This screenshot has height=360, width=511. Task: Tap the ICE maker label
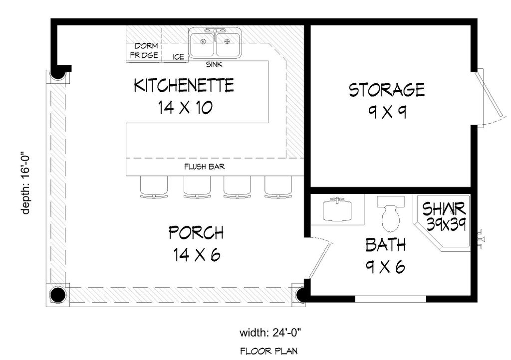(x=178, y=57)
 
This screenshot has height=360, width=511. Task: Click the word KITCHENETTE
(x=184, y=85)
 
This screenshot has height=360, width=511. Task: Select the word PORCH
(x=196, y=233)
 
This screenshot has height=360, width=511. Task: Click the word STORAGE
(x=387, y=90)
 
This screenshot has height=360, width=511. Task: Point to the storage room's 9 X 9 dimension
(x=387, y=112)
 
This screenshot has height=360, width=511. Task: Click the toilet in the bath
(x=390, y=212)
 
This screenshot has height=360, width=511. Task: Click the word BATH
(x=385, y=245)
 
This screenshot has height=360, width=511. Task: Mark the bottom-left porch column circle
(x=58, y=295)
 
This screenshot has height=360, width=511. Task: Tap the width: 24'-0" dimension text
(x=270, y=332)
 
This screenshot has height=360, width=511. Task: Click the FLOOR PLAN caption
(x=270, y=350)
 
